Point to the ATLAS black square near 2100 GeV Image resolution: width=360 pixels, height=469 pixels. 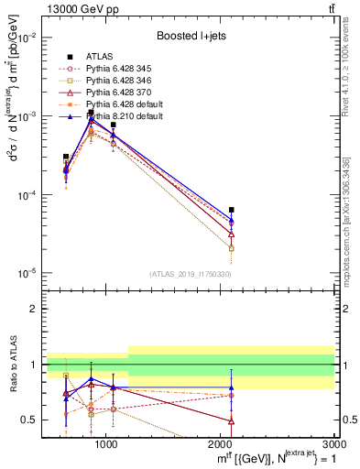pyautogui.click(x=231, y=210)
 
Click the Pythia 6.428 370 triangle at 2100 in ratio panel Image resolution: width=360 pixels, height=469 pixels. pyautogui.click(x=231, y=420)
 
